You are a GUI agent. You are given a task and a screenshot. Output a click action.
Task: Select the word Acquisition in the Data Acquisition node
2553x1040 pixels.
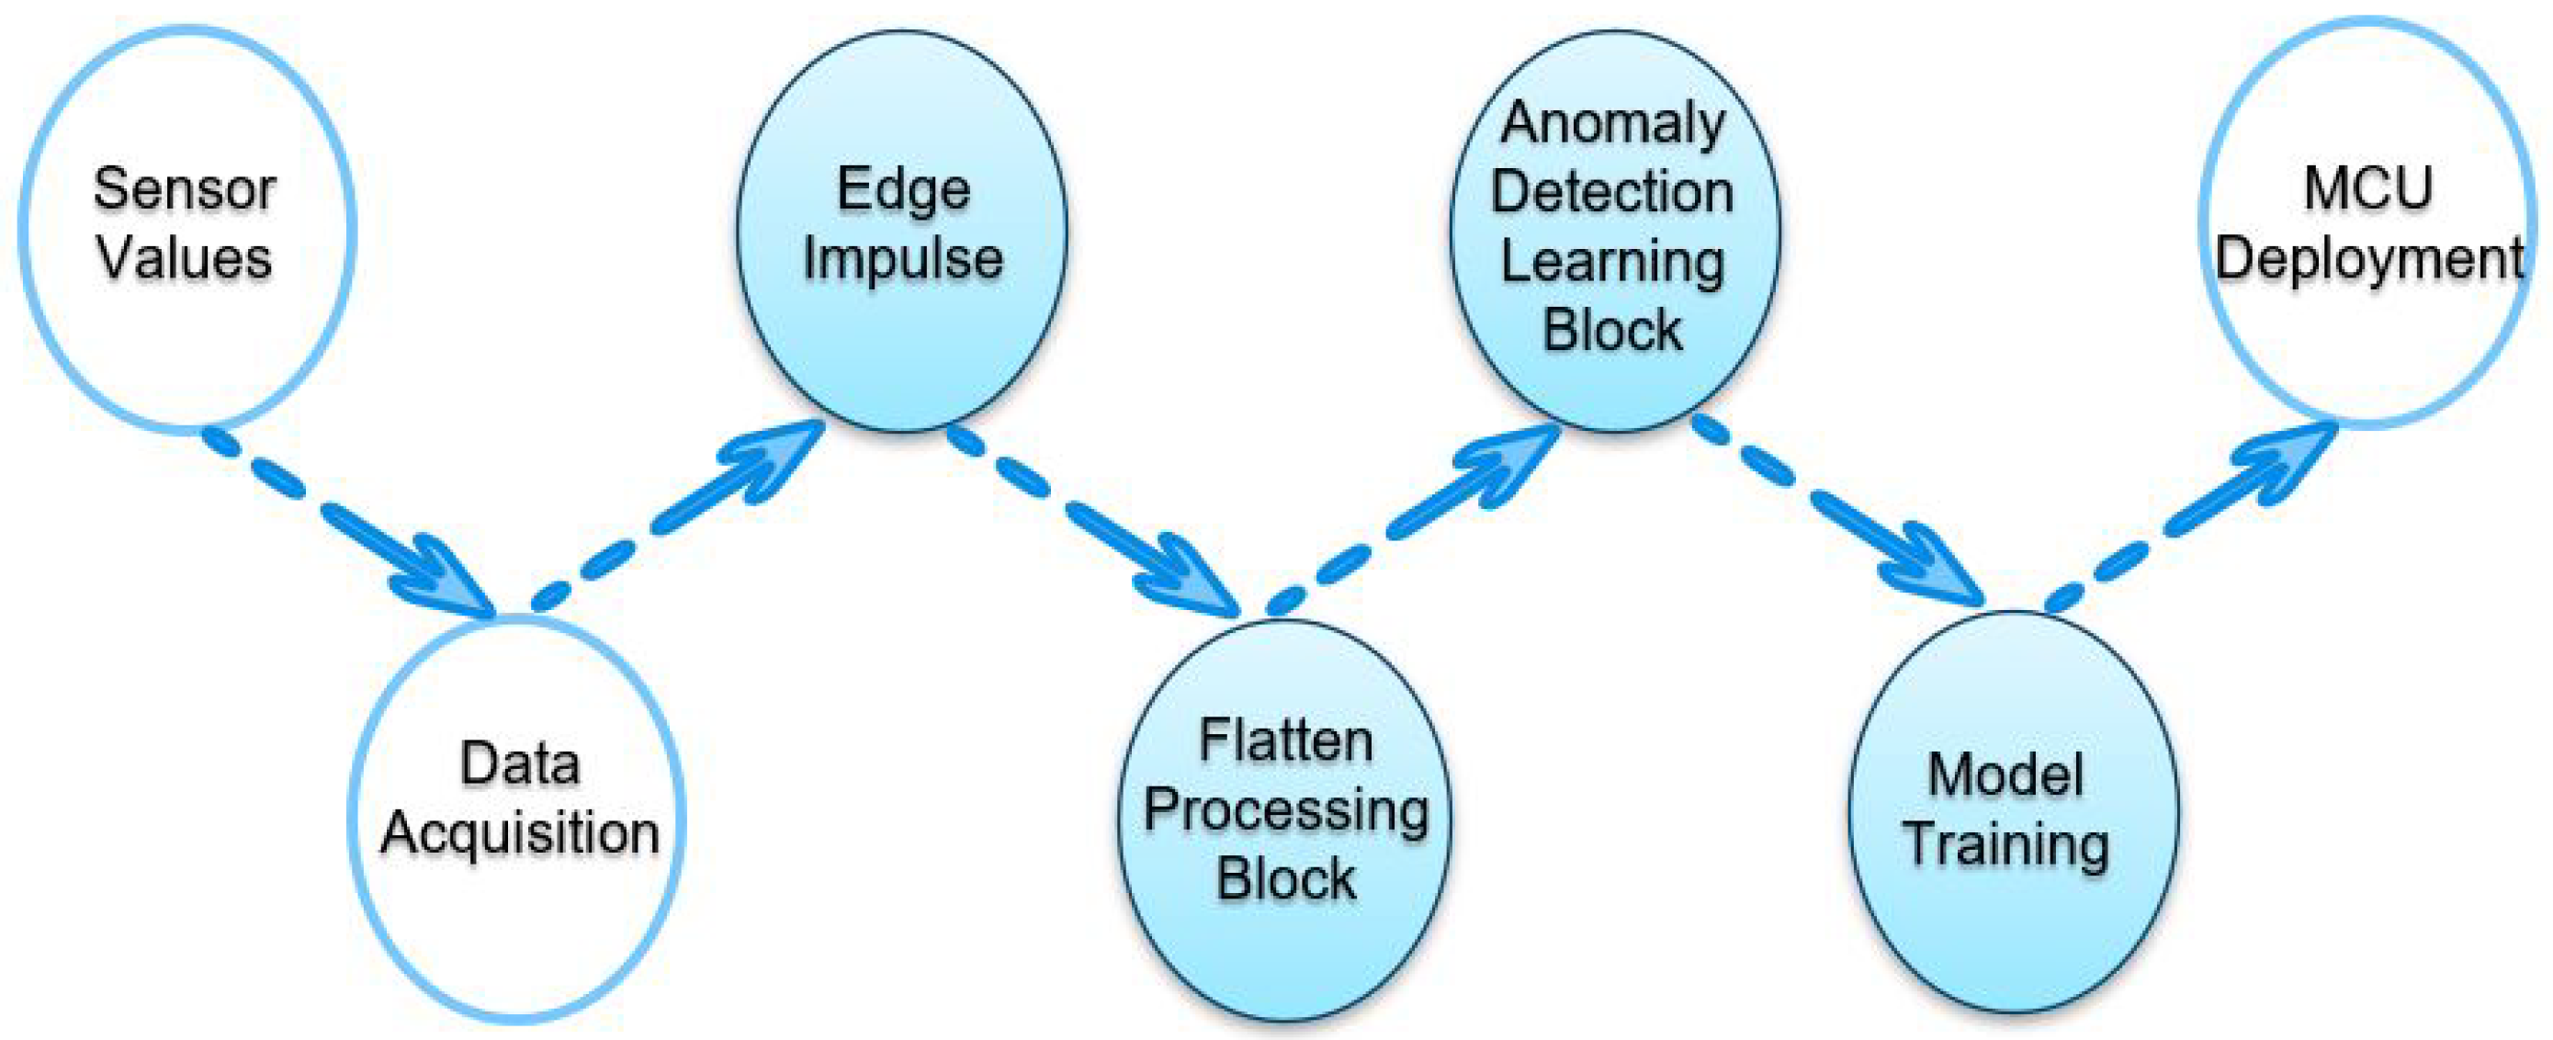pyautogui.click(x=519, y=832)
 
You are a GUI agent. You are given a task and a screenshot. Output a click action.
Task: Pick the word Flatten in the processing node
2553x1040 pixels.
pyautogui.click(x=1285, y=741)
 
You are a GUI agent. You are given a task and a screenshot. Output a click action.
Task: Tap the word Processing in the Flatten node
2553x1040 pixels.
pyautogui.click(x=1285, y=811)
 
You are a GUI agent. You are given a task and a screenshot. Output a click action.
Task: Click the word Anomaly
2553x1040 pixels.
pyautogui.click(x=1612, y=124)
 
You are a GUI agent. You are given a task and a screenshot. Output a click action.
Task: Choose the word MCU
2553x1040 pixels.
pyautogui.click(x=2367, y=188)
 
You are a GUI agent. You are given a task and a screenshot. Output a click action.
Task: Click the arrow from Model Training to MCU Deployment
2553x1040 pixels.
pyautogui.click(x=2190, y=515)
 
